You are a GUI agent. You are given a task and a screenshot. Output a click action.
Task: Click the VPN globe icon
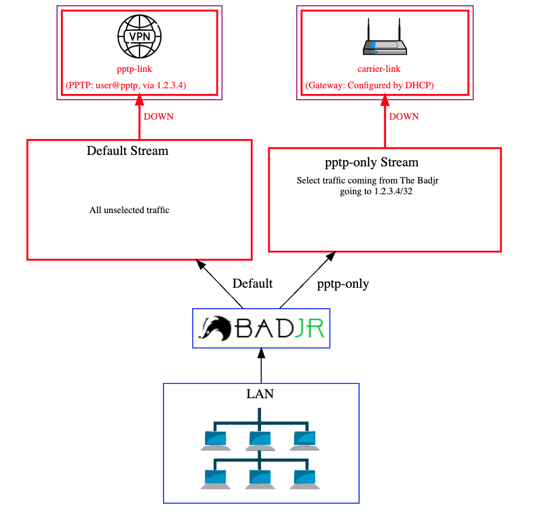coord(139,36)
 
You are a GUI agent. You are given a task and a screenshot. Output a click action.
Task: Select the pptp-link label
coord(135,69)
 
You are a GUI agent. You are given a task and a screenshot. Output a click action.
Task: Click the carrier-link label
coord(379,69)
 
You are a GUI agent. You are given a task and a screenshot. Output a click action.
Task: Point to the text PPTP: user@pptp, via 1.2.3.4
coord(127,85)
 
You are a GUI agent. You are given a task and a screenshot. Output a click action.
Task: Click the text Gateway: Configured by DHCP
coord(370,85)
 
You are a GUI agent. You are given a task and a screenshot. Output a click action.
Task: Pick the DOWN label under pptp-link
coord(158,117)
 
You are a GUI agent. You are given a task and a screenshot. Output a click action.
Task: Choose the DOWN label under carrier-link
coord(404,117)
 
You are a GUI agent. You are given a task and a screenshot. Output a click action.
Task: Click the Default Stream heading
coord(128,151)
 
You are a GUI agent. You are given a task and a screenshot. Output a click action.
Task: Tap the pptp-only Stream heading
coord(372,162)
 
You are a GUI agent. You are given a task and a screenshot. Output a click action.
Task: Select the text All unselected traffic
coord(129,210)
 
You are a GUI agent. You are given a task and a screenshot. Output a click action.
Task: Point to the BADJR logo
coord(262,329)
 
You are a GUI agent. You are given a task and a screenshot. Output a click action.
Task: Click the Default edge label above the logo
coord(252,284)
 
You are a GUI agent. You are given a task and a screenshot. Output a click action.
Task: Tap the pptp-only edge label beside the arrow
coord(343,284)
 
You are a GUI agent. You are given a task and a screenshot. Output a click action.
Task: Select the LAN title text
coord(260,394)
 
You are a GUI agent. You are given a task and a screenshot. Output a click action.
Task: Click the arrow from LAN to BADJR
coord(262,367)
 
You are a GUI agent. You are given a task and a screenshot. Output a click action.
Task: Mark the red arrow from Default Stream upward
coord(139,120)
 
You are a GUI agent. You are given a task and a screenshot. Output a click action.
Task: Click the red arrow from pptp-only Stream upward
coord(385,122)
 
